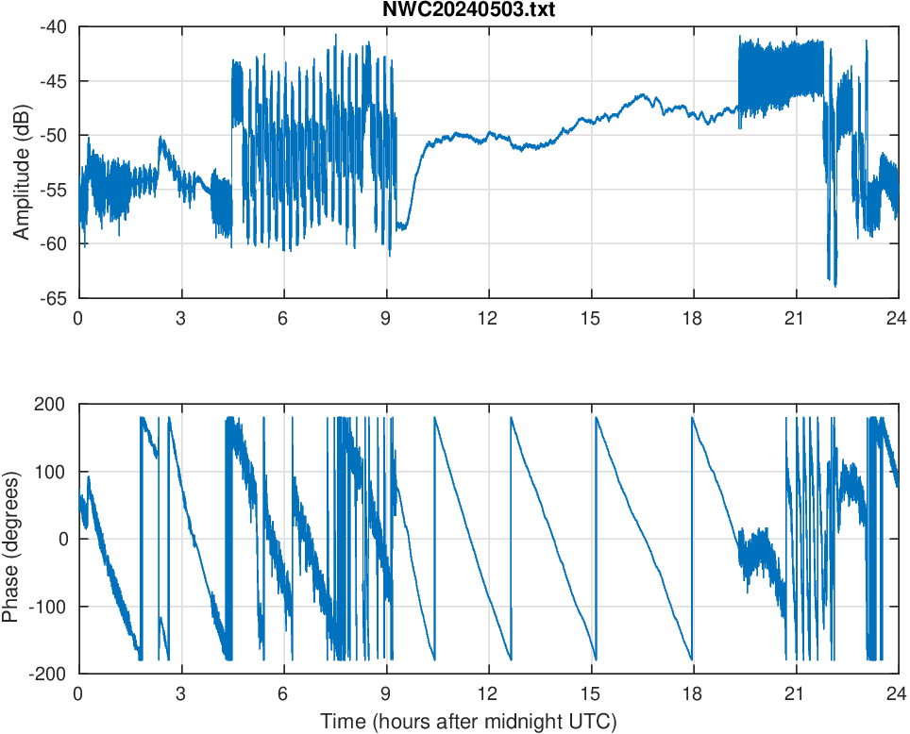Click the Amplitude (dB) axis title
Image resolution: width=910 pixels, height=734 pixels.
coord(22,161)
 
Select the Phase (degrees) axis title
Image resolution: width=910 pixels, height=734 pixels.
coord(11,539)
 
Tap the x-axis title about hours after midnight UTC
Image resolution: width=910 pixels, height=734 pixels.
coord(468,722)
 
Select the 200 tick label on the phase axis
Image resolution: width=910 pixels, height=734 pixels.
coord(58,404)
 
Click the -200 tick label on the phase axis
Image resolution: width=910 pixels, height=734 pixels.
coord(55,674)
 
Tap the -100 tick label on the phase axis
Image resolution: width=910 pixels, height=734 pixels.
coord(55,607)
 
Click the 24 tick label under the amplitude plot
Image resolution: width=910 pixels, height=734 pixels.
coord(897,318)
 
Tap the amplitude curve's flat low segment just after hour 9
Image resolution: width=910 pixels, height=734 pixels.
coord(403,225)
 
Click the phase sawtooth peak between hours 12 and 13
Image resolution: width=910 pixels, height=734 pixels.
coord(512,419)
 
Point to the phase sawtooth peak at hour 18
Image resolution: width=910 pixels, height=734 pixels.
coord(694,419)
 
